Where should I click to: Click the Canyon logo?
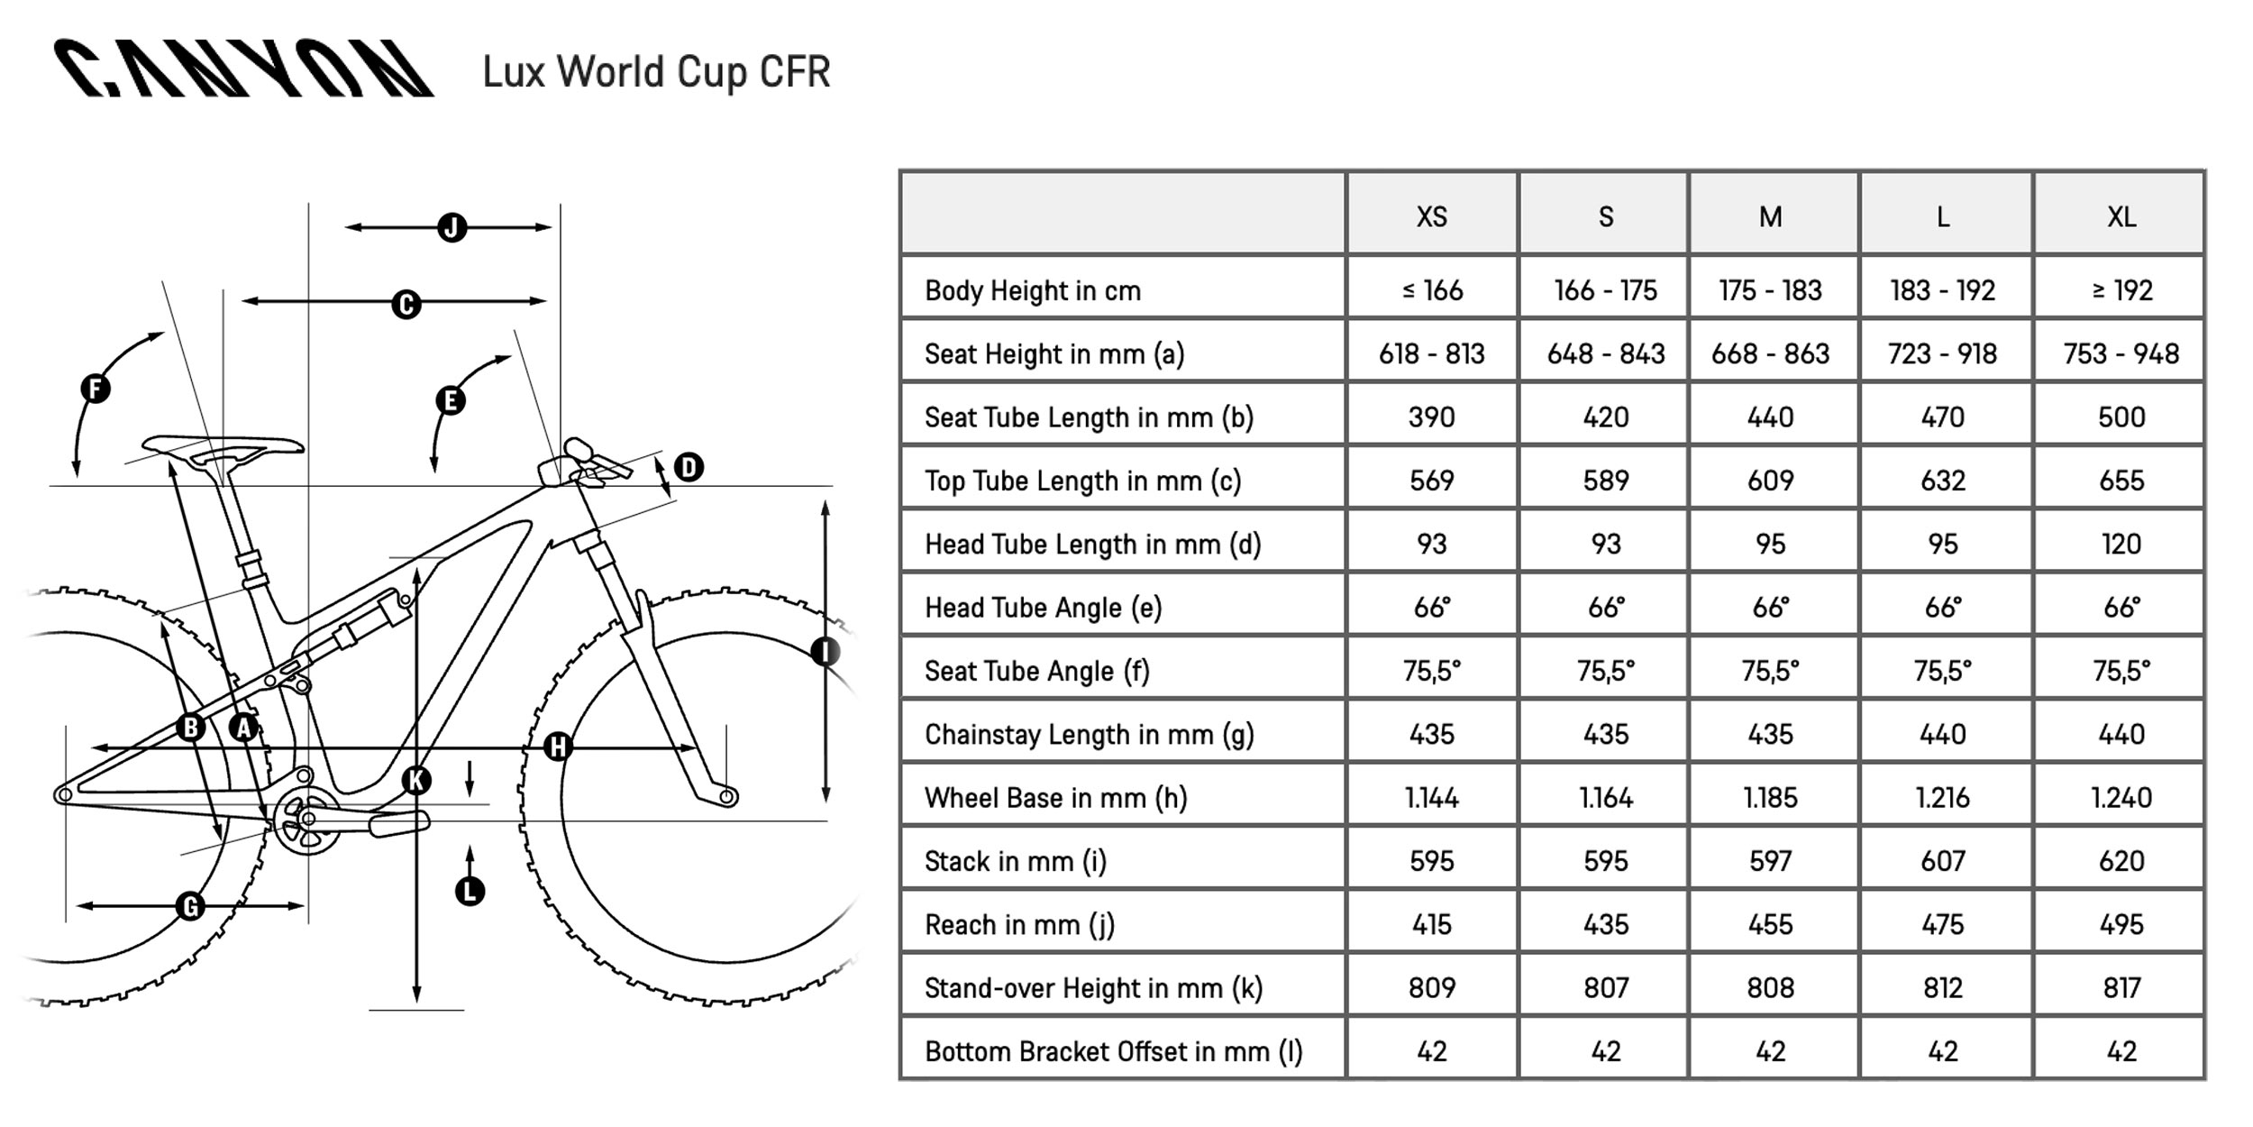[x=243, y=69]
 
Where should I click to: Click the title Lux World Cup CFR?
[x=656, y=72]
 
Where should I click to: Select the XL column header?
[x=2121, y=216]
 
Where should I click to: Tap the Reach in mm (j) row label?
[x=1019, y=924]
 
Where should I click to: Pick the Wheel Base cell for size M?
[x=1770, y=797]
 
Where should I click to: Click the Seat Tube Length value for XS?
[x=1431, y=417]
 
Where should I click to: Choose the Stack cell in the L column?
[x=1942, y=860]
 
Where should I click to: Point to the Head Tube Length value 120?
[x=2121, y=544]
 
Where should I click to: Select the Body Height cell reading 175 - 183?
[x=1770, y=290]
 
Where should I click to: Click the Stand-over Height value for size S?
[x=1605, y=987]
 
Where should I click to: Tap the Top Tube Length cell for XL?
[x=2121, y=480]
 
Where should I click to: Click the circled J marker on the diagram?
[x=452, y=227]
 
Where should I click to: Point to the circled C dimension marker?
[x=406, y=305]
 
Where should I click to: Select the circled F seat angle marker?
[x=95, y=389]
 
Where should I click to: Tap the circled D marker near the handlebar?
[x=689, y=467]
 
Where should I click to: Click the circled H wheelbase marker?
[x=558, y=747]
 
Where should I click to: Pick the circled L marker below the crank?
[x=470, y=892]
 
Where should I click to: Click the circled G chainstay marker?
[x=190, y=906]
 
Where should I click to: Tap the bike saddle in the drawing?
[x=223, y=448]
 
